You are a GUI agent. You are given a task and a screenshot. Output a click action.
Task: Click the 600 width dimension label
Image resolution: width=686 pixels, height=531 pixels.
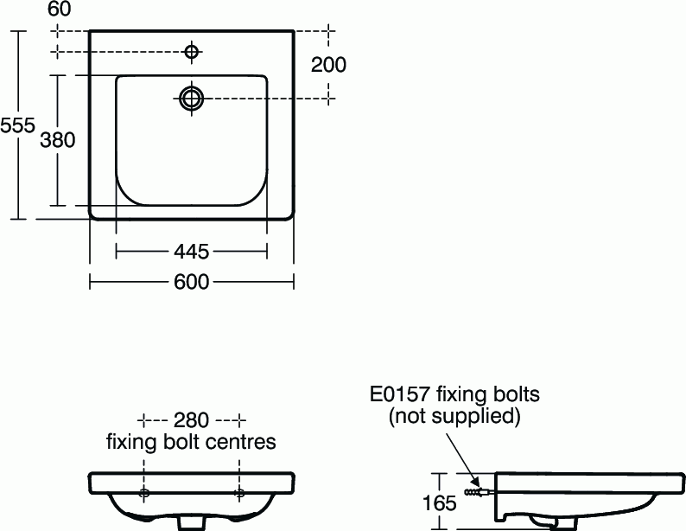[x=192, y=282]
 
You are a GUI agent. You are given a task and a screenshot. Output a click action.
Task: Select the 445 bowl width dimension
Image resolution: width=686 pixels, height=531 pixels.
[x=192, y=252]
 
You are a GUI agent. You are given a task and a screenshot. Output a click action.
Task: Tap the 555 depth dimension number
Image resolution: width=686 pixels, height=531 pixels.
[x=17, y=125]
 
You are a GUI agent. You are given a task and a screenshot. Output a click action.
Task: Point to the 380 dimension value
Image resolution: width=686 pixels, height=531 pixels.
[x=58, y=139]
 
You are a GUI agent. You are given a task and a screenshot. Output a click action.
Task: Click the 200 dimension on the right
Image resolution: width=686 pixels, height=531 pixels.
[x=329, y=65]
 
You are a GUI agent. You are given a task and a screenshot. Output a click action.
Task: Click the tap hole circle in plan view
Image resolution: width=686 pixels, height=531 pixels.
[x=192, y=53]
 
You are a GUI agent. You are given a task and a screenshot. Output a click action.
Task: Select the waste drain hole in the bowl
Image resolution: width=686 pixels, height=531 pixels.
[x=192, y=98]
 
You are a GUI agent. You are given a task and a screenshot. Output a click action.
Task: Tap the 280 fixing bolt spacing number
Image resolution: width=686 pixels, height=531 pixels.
[x=191, y=420]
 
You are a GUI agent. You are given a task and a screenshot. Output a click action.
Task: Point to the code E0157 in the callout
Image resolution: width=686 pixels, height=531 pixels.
[x=400, y=394]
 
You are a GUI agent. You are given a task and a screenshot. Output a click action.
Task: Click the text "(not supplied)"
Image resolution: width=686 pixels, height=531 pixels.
[x=454, y=417]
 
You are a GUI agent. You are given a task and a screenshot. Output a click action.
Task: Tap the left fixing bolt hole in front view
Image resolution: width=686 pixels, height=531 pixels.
[x=144, y=493]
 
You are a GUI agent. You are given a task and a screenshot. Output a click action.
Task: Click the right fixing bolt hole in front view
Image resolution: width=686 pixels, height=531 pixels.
[x=239, y=493]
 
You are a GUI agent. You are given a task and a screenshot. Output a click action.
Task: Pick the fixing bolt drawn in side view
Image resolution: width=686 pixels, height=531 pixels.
[x=479, y=492]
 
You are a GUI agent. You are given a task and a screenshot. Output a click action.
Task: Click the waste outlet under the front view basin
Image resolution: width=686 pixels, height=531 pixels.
[x=192, y=522]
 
